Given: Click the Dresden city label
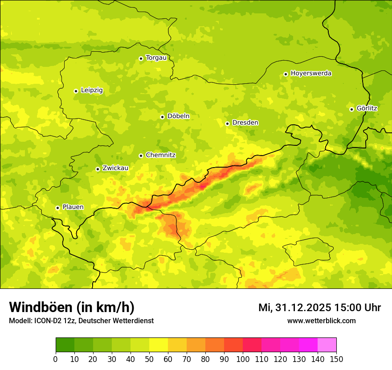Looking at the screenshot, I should click(245, 123).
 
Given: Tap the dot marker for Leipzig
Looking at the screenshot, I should click(76, 91).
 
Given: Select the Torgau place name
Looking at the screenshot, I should click(156, 58).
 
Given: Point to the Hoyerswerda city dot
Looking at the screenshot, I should click(286, 74).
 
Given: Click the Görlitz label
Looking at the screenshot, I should click(367, 108).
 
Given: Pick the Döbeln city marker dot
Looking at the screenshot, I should click(162, 117).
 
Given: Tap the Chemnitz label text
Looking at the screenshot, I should click(160, 155).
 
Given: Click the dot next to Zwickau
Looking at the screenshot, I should click(98, 169).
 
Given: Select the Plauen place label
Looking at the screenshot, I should click(73, 207).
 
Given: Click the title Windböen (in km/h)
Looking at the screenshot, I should click(71, 307).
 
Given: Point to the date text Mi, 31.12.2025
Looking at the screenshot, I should click(294, 308).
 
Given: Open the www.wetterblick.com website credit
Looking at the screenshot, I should click(321, 321).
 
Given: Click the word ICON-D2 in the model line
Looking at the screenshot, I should click(45, 321).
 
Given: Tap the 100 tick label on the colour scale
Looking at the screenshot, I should click(243, 359).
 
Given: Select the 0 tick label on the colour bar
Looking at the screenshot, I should click(56, 359).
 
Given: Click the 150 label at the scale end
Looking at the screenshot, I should click(336, 359).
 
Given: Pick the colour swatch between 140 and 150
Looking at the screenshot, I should click(327, 345).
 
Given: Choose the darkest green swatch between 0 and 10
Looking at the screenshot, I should click(65, 345).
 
